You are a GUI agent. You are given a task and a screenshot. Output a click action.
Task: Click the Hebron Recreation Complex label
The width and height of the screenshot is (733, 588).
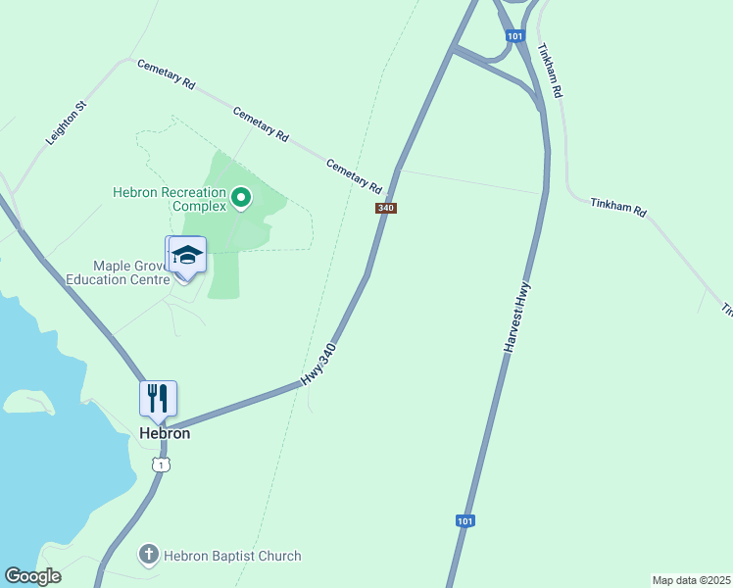(170, 200)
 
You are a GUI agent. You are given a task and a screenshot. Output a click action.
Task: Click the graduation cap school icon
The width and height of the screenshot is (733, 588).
(187, 257)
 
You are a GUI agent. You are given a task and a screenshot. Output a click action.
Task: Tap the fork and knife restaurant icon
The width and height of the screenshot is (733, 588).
(158, 398)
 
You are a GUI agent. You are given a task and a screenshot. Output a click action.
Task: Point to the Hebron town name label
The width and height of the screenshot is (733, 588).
(165, 433)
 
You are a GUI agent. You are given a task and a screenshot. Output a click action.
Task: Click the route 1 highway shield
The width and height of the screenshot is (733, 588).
(161, 464)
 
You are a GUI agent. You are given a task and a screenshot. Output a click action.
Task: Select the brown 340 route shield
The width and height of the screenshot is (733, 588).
(385, 208)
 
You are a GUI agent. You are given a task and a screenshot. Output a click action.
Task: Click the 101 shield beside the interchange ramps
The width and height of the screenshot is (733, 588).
(514, 36)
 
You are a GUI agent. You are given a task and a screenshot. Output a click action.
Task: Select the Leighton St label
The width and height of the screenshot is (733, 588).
(67, 123)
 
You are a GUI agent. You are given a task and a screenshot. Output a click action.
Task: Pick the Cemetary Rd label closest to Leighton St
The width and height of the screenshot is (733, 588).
(166, 75)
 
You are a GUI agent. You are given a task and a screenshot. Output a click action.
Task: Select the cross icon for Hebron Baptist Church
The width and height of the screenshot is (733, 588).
(149, 556)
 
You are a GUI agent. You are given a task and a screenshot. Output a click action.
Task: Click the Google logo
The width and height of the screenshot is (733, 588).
(32, 576)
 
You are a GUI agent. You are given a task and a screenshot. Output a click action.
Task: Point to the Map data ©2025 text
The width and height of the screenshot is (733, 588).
(691, 580)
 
